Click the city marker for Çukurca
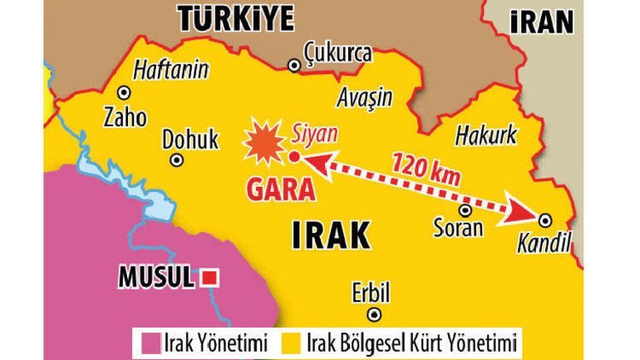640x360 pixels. pyautogui.click(x=293, y=65)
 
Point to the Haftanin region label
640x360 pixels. pyautogui.click(x=170, y=70)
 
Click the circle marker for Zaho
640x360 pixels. pyautogui.click(x=124, y=93)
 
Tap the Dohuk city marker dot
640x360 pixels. pyautogui.click(x=176, y=160)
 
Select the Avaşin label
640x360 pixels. pyautogui.click(x=365, y=97)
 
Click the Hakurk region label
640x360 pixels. pyautogui.click(x=486, y=135)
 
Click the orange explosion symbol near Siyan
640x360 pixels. pyautogui.click(x=263, y=143)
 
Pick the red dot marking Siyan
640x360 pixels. pyautogui.click(x=294, y=155)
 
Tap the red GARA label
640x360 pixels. pyautogui.click(x=281, y=190)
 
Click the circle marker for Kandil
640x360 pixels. pyautogui.click(x=544, y=219)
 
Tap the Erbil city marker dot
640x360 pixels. pyautogui.click(x=374, y=314)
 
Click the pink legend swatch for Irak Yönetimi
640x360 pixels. pyautogui.click(x=150, y=342)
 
